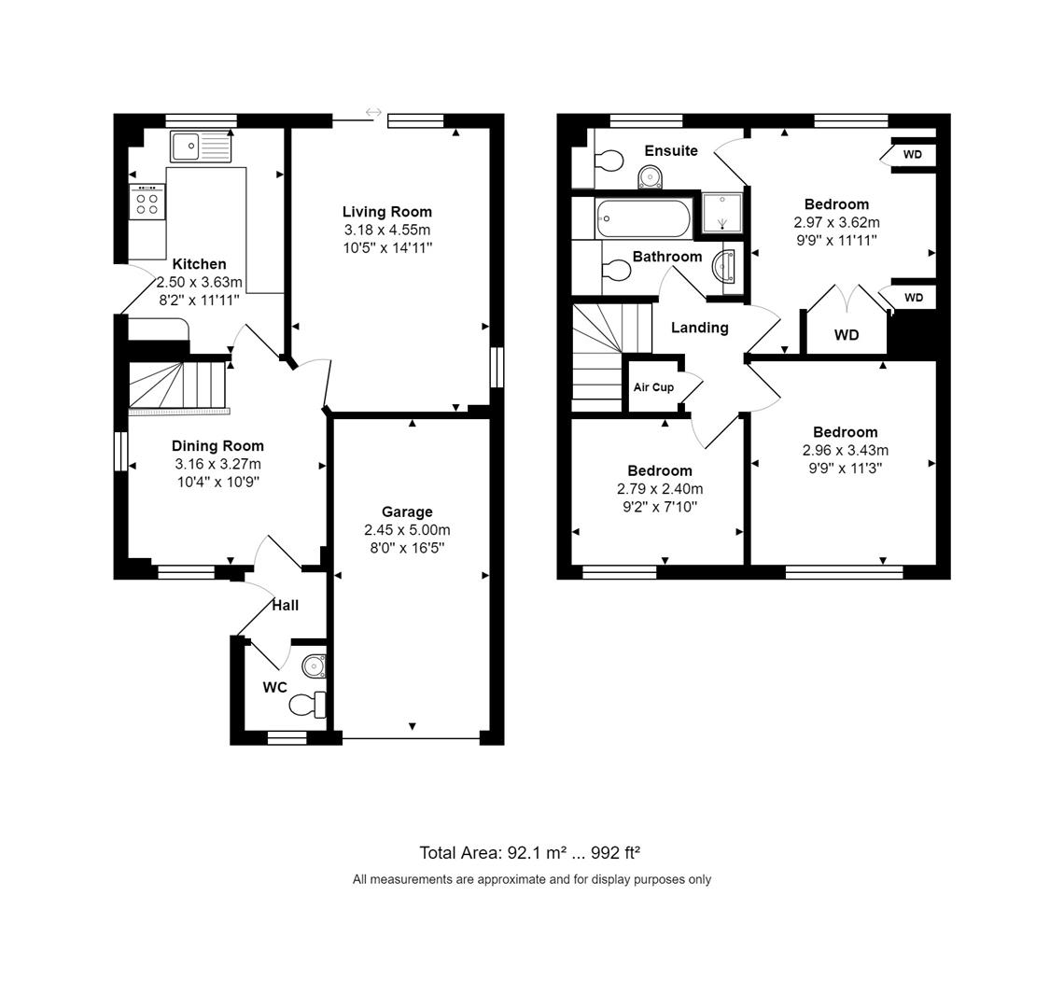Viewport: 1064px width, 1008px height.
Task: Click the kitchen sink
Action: tap(201, 147)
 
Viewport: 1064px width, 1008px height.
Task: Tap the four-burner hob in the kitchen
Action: tap(147, 203)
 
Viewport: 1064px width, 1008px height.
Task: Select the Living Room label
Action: tap(386, 212)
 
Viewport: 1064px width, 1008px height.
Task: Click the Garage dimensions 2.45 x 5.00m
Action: tap(407, 530)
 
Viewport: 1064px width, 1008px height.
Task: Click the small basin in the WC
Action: tap(315, 666)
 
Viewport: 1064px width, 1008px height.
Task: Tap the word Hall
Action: tap(285, 606)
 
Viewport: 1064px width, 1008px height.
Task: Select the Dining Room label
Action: tap(217, 446)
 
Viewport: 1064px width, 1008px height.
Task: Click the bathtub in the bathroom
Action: tap(643, 218)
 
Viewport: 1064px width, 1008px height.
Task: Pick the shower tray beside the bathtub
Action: tap(721, 213)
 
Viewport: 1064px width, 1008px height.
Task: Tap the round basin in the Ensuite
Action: tap(651, 178)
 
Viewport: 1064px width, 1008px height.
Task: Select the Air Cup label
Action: tap(653, 387)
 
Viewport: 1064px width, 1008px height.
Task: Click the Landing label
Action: tap(700, 328)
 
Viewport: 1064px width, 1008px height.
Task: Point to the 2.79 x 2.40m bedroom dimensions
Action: tap(660, 489)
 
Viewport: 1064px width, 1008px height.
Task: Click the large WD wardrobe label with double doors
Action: tap(847, 335)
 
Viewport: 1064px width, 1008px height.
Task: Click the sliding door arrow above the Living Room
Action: tap(373, 112)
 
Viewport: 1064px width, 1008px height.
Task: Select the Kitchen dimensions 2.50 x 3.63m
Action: tap(200, 283)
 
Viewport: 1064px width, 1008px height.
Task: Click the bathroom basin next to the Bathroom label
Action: tap(723, 265)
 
